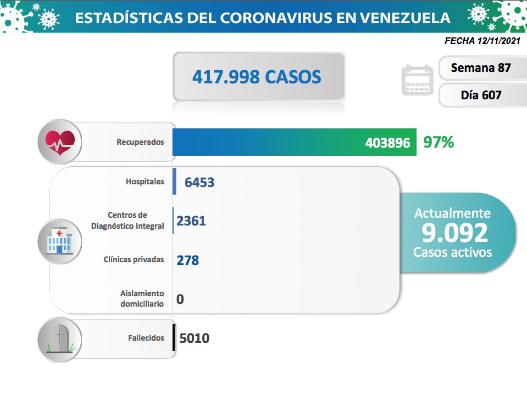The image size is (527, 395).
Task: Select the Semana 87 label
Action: tap(480, 68)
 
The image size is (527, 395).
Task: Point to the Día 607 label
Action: tap(481, 95)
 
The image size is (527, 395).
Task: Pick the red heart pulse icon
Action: tap(59, 142)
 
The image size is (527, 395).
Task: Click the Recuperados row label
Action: tap(140, 142)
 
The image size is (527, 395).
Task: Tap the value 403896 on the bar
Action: tap(387, 143)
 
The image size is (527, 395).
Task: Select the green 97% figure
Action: tap(439, 143)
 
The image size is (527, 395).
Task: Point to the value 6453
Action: tap(199, 182)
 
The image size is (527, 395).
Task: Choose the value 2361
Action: tap(191, 221)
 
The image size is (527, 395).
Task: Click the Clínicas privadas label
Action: tap(134, 259)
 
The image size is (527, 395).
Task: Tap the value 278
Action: tap(188, 260)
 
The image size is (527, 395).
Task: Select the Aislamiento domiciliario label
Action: tap(142, 298)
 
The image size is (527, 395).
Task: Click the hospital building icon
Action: tap(59, 242)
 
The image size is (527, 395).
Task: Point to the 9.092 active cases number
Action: tap(454, 233)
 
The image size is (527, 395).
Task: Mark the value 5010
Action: tap(193, 338)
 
